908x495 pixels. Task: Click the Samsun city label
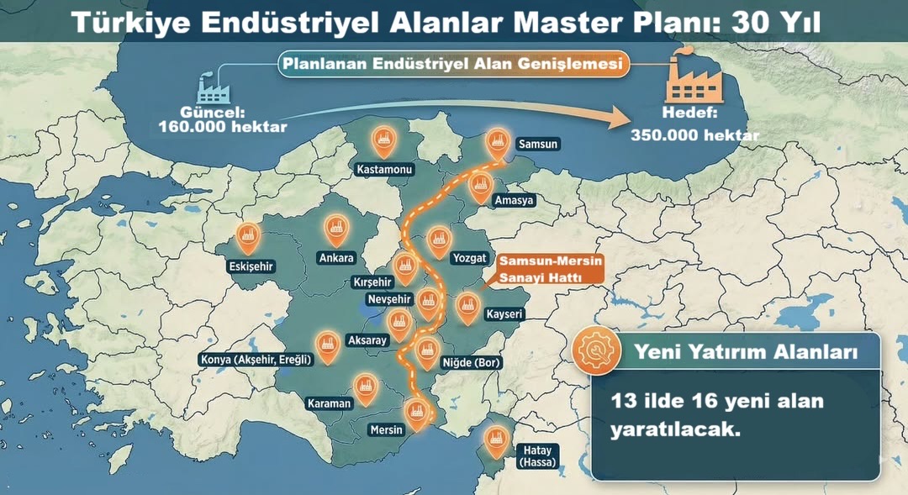[538, 145]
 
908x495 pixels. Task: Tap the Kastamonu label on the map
[384, 170]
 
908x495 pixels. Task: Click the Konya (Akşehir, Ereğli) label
[256, 360]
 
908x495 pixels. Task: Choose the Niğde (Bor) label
[471, 363]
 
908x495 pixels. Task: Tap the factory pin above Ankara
[337, 226]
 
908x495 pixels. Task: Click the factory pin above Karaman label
[365, 386]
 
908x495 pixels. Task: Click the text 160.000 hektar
[223, 128]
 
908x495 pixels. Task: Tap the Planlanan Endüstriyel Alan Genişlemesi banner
[452, 64]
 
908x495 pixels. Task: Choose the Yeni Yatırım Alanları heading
[746, 352]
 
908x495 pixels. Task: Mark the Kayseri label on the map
[504, 314]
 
